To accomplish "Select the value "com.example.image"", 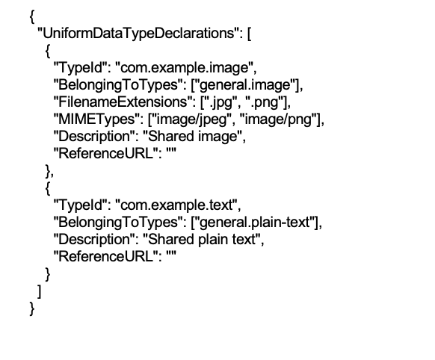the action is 185,68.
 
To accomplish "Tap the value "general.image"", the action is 244,85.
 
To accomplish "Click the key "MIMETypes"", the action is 97,120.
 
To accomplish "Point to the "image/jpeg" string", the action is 191,120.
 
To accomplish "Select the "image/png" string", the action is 278,120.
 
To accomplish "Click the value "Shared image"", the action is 193,137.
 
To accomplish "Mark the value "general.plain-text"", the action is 255,223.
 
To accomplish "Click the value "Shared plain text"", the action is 202,240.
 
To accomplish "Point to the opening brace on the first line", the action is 32,17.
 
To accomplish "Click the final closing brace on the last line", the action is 32,308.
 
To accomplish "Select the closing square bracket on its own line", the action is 40,291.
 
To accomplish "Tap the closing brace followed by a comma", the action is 49,171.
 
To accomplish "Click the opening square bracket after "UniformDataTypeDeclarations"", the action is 249,34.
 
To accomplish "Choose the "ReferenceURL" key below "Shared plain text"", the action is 105,256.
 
